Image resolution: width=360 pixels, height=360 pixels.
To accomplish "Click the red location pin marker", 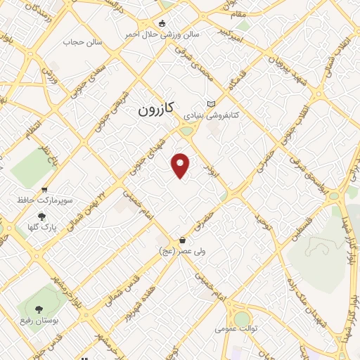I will pos(181,165).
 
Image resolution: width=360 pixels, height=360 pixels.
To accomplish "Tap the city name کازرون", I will pos(155,110).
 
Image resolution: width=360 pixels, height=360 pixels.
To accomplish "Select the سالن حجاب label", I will pos(83,43).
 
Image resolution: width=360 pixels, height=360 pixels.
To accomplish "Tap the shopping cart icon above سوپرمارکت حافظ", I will pos(45,190).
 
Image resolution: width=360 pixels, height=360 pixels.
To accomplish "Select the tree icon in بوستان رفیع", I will pos(39,309).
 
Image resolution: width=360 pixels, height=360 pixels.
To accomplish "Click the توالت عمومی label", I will pos(234,328).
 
